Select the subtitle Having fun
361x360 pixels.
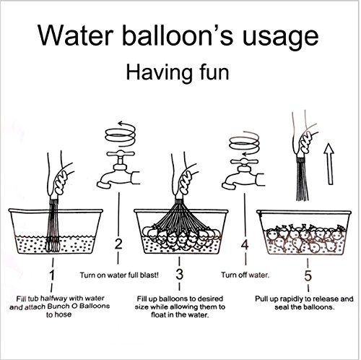click(x=178, y=72)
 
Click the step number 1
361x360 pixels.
click(x=52, y=275)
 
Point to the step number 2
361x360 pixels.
click(x=118, y=244)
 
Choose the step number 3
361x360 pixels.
click(x=179, y=274)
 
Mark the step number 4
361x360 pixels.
click(x=245, y=245)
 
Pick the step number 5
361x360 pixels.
click(x=308, y=275)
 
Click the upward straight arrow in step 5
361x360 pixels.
click(x=329, y=164)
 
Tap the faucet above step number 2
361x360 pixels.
click(x=118, y=171)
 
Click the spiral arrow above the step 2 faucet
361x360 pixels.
click(x=121, y=134)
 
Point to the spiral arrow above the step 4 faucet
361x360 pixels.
click(x=244, y=144)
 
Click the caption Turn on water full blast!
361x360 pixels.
click(x=119, y=275)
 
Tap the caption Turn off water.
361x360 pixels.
click(x=245, y=275)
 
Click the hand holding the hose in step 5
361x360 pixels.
click(x=303, y=141)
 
